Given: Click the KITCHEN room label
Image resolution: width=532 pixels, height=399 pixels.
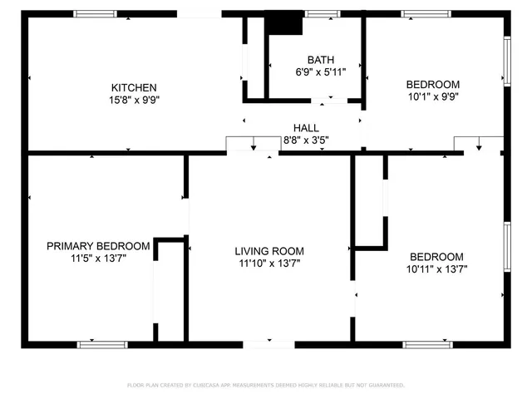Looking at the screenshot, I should (135, 87).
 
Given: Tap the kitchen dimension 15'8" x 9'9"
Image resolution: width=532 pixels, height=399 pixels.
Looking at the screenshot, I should (135, 100).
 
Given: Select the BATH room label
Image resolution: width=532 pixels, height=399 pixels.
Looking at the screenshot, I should (321, 60).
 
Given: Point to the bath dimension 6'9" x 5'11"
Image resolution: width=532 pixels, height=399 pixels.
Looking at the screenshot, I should (321, 72).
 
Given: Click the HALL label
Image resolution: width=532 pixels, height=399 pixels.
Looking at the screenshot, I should (306, 127).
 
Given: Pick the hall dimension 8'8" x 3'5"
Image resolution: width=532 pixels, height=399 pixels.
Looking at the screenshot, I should (306, 140).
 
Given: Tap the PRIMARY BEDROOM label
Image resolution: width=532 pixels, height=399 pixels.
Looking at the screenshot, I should (98, 246).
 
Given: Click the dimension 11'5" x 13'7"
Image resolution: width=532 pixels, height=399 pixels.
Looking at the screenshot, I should (98, 259).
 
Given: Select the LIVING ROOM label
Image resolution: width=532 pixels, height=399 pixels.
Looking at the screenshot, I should (268, 251).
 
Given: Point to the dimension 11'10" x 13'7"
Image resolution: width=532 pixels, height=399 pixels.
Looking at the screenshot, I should (268, 264).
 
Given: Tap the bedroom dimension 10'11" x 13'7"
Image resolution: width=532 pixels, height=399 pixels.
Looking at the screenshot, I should (436, 269).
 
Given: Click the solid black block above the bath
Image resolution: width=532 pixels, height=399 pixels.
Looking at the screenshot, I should (284, 23).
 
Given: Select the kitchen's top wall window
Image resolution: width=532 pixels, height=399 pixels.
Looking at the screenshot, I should (95, 13).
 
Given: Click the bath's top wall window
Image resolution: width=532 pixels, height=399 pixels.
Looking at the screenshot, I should (322, 13).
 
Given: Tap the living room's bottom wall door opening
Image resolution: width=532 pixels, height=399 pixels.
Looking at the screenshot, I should (268, 343).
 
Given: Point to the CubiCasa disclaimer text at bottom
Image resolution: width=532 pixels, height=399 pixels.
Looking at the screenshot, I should (266, 385).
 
